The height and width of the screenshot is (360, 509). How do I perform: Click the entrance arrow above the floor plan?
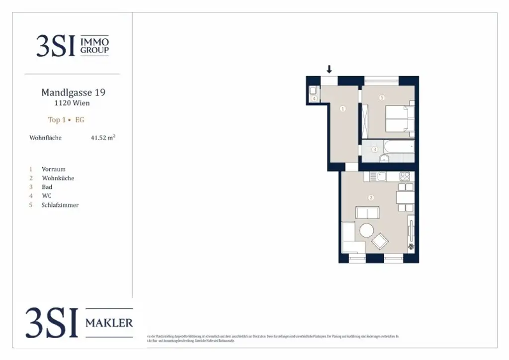click(x=329, y=69)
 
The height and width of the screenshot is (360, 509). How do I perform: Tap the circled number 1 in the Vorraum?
click(x=343, y=108)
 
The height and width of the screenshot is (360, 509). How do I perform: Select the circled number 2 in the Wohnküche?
click(x=371, y=197)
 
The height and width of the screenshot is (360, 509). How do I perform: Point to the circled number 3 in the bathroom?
click(x=375, y=149)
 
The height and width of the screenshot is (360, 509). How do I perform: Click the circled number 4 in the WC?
click(x=315, y=98)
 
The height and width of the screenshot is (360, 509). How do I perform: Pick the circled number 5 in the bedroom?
click(x=382, y=98)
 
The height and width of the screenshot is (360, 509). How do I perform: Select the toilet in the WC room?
click(x=314, y=90)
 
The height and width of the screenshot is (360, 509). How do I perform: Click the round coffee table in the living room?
click(x=367, y=230)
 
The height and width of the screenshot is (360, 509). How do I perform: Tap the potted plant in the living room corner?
click(x=411, y=247)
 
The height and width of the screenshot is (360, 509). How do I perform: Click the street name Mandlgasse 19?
click(x=73, y=92)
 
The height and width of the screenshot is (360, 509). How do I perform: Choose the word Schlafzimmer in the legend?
click(x=60, y=205)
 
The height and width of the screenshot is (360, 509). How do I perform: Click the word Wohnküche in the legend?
click(x=58, y=178)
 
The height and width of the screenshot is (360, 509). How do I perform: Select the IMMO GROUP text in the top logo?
click(x=94, y=47)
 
